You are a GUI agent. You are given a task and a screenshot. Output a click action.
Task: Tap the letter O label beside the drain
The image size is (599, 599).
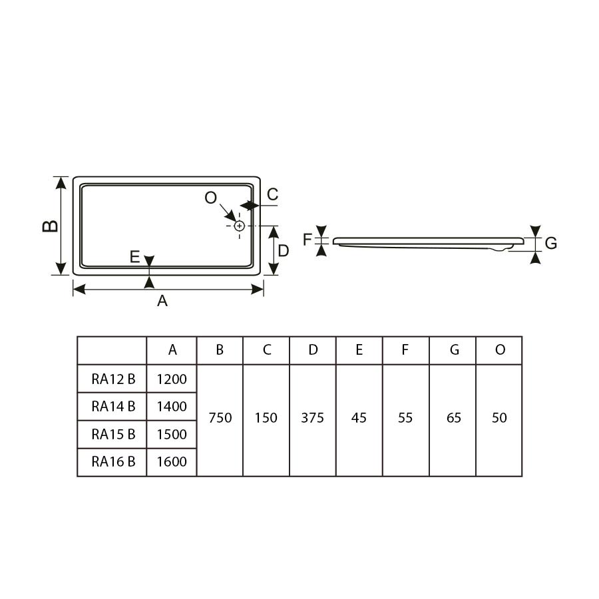coord(210,198)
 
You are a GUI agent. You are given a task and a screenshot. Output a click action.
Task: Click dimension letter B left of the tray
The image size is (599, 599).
coord(50,226)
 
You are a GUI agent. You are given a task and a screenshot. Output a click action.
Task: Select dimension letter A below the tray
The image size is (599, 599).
coord(162,301)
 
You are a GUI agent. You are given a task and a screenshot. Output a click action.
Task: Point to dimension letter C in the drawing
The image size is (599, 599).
coord(272,194)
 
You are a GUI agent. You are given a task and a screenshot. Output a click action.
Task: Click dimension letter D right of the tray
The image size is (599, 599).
coord(283,251)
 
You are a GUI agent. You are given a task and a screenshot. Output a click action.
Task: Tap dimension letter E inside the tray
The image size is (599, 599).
coord(134,257)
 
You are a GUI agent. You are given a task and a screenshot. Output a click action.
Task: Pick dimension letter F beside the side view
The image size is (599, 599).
coord(307,240)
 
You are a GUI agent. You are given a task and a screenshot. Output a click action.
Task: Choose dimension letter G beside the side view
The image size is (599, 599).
coord(550,243)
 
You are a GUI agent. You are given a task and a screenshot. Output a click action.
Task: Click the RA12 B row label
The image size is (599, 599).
coord(113,379)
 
